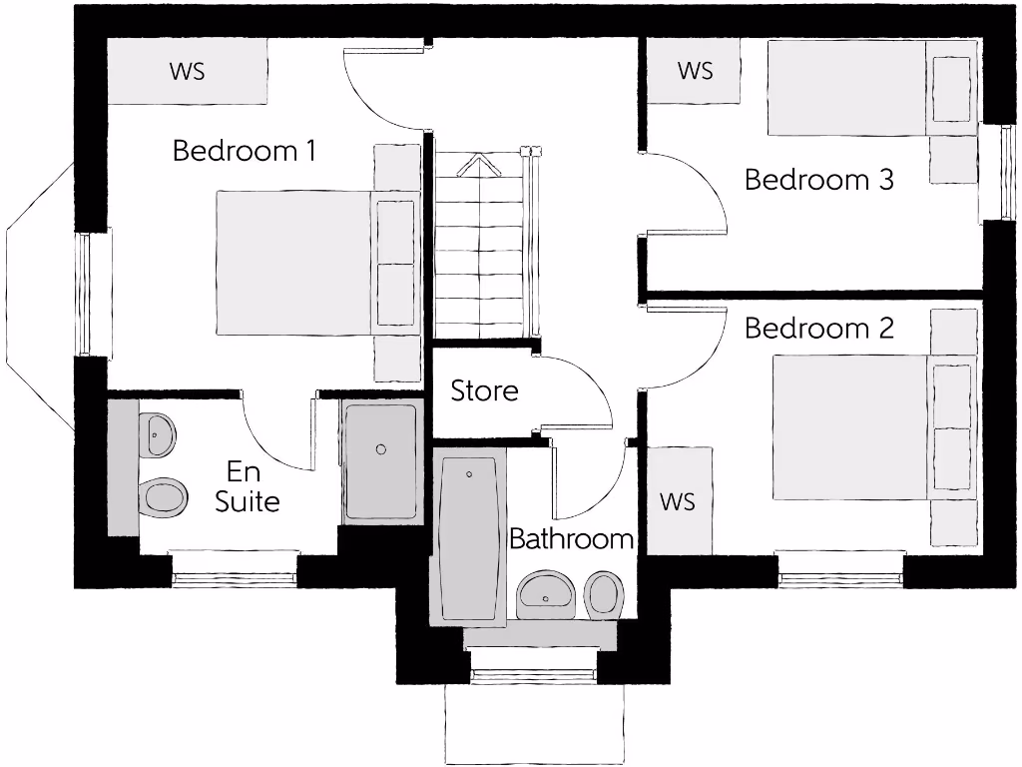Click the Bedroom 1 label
point(245,151)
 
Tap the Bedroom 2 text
point(818,328)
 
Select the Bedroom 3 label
point(818,180)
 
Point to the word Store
point(484,390)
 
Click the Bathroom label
point(571,539)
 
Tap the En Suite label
point(247,486)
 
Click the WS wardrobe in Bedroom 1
point(187,71)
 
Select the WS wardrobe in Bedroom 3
point(695,71)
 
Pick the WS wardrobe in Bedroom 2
point(678,500)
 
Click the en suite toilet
point(163,495)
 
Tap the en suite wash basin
point(157,434)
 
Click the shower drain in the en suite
point(380,449)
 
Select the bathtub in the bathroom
point(467,539)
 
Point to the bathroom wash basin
point(546,595)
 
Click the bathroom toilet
point(603,595)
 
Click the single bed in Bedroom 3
point(848,88)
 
